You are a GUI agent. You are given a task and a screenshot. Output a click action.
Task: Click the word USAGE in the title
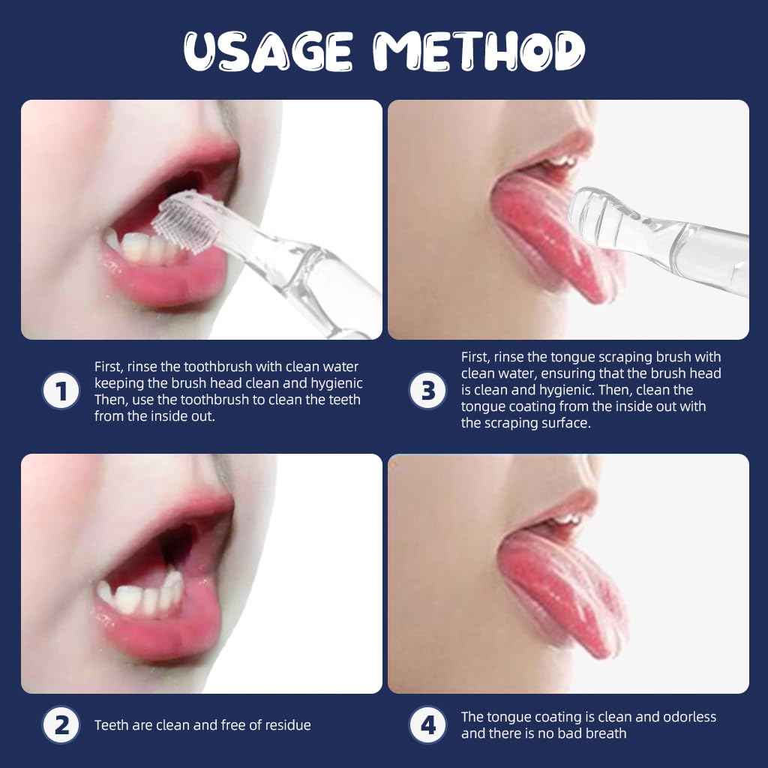coord(268,52)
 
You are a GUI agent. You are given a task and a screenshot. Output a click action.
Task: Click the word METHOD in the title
coord(479,51)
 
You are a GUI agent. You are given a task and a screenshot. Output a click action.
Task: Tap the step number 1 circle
coord(61,391)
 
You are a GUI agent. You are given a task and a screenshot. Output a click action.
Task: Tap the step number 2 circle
coord(61,725)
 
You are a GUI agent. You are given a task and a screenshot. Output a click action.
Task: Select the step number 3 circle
coord(427,391)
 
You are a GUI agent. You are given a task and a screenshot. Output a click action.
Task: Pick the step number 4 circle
coord(427,725)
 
